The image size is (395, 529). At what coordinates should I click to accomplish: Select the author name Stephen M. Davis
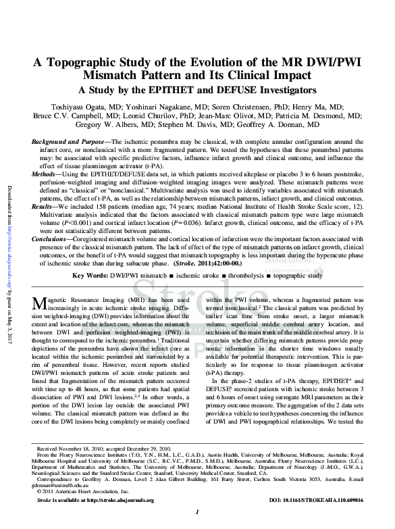pyautogui.click(x=184, y=125)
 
